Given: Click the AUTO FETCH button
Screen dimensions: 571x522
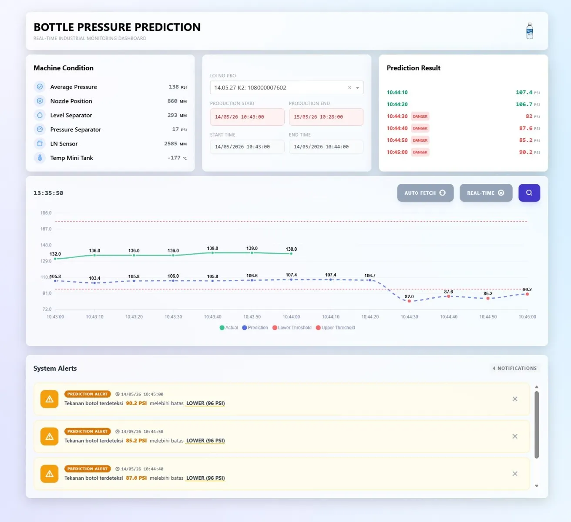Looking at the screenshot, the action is tap(425, 193).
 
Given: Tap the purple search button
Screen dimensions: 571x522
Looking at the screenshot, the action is tap(529, 193).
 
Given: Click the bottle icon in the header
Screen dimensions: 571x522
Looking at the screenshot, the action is tap(530, 31).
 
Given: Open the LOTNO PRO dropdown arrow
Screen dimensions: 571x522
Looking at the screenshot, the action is tap(357, 87).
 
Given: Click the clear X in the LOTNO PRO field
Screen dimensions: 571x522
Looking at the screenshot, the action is tap(349, 87).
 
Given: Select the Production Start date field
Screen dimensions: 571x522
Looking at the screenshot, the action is tap(247, 117).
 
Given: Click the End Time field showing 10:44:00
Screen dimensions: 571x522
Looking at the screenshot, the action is tap(326, 147).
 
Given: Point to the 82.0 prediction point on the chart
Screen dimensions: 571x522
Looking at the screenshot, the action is tap(409, 301).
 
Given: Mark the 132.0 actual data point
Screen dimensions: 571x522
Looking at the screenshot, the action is tap(55, 259).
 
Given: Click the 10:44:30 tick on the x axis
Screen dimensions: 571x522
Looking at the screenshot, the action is tap(409, 317).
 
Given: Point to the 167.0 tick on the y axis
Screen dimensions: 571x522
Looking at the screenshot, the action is tap(46, 229).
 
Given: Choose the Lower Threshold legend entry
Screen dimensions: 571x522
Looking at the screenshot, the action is tap(292, 328).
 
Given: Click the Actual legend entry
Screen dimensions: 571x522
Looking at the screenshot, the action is tap(228, 328).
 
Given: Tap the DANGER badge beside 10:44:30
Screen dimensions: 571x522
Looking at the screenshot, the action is tap(420, 116).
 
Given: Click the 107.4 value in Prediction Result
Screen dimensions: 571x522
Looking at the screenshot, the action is tap(524, 93).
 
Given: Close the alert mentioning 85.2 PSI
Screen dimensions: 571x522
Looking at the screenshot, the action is tap(515, 436).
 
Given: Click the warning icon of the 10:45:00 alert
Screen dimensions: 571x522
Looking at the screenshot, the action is tap(49, 399).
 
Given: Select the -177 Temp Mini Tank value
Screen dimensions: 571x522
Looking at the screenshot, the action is tap(174, 158).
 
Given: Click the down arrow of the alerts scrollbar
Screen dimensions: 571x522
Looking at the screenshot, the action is tap(536, 486).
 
